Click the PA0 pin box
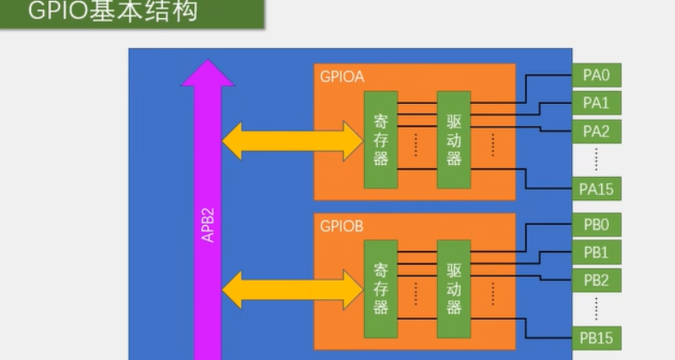[x=596, y=75]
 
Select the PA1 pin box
[x=596, y=103]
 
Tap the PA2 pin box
[x=596, y=131]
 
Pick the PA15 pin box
[x=596, y=188]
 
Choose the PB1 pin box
[x=596, y=253]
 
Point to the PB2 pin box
[x=596, y=280]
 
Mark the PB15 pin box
[x=596, y=337]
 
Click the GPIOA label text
[x=342, y=77]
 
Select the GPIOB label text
[x=342, y=228]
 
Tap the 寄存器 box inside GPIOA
[x=381, y=139]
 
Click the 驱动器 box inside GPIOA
[x=454, y=139]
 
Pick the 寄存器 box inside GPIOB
[x=381, y=289]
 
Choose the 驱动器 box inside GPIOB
[x=454, y=289]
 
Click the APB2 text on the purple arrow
[x=208, y=224]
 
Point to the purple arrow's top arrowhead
[x=208, y=73]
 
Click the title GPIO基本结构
[x=112, y=13]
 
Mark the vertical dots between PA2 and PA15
[x=596, y=159]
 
